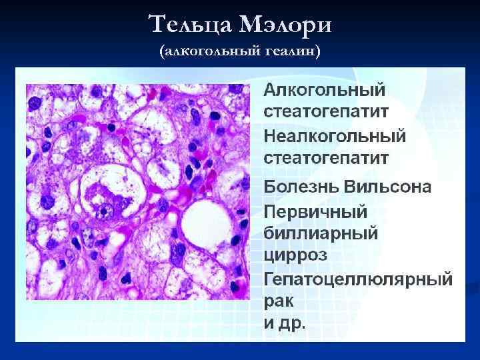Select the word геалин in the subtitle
289,51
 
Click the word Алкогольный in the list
325,89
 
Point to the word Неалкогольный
335,136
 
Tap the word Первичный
316,211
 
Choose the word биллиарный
321,233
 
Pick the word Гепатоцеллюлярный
358,278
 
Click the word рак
279,301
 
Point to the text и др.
285,324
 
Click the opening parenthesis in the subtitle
162,51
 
